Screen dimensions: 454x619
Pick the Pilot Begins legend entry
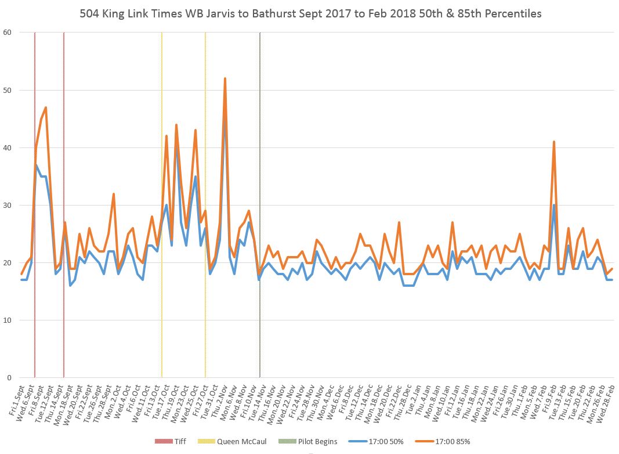pos(313,442)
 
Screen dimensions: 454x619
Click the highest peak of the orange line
pos(225,79)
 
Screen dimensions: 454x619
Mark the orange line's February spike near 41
pos(554,142)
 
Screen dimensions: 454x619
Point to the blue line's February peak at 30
pos(554,205)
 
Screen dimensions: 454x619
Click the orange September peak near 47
pos(45,107)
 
